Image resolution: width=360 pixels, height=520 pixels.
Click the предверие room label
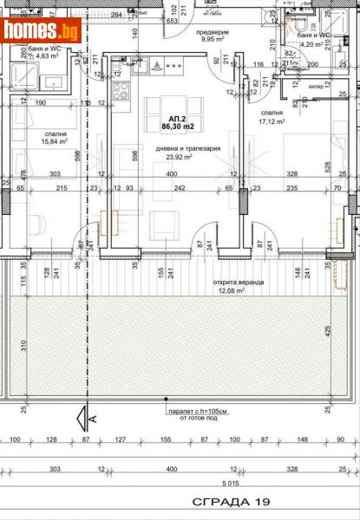click(211, 32)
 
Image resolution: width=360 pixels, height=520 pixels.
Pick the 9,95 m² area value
click(213, 40)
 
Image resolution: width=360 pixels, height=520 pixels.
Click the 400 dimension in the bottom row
click(175, 470)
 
